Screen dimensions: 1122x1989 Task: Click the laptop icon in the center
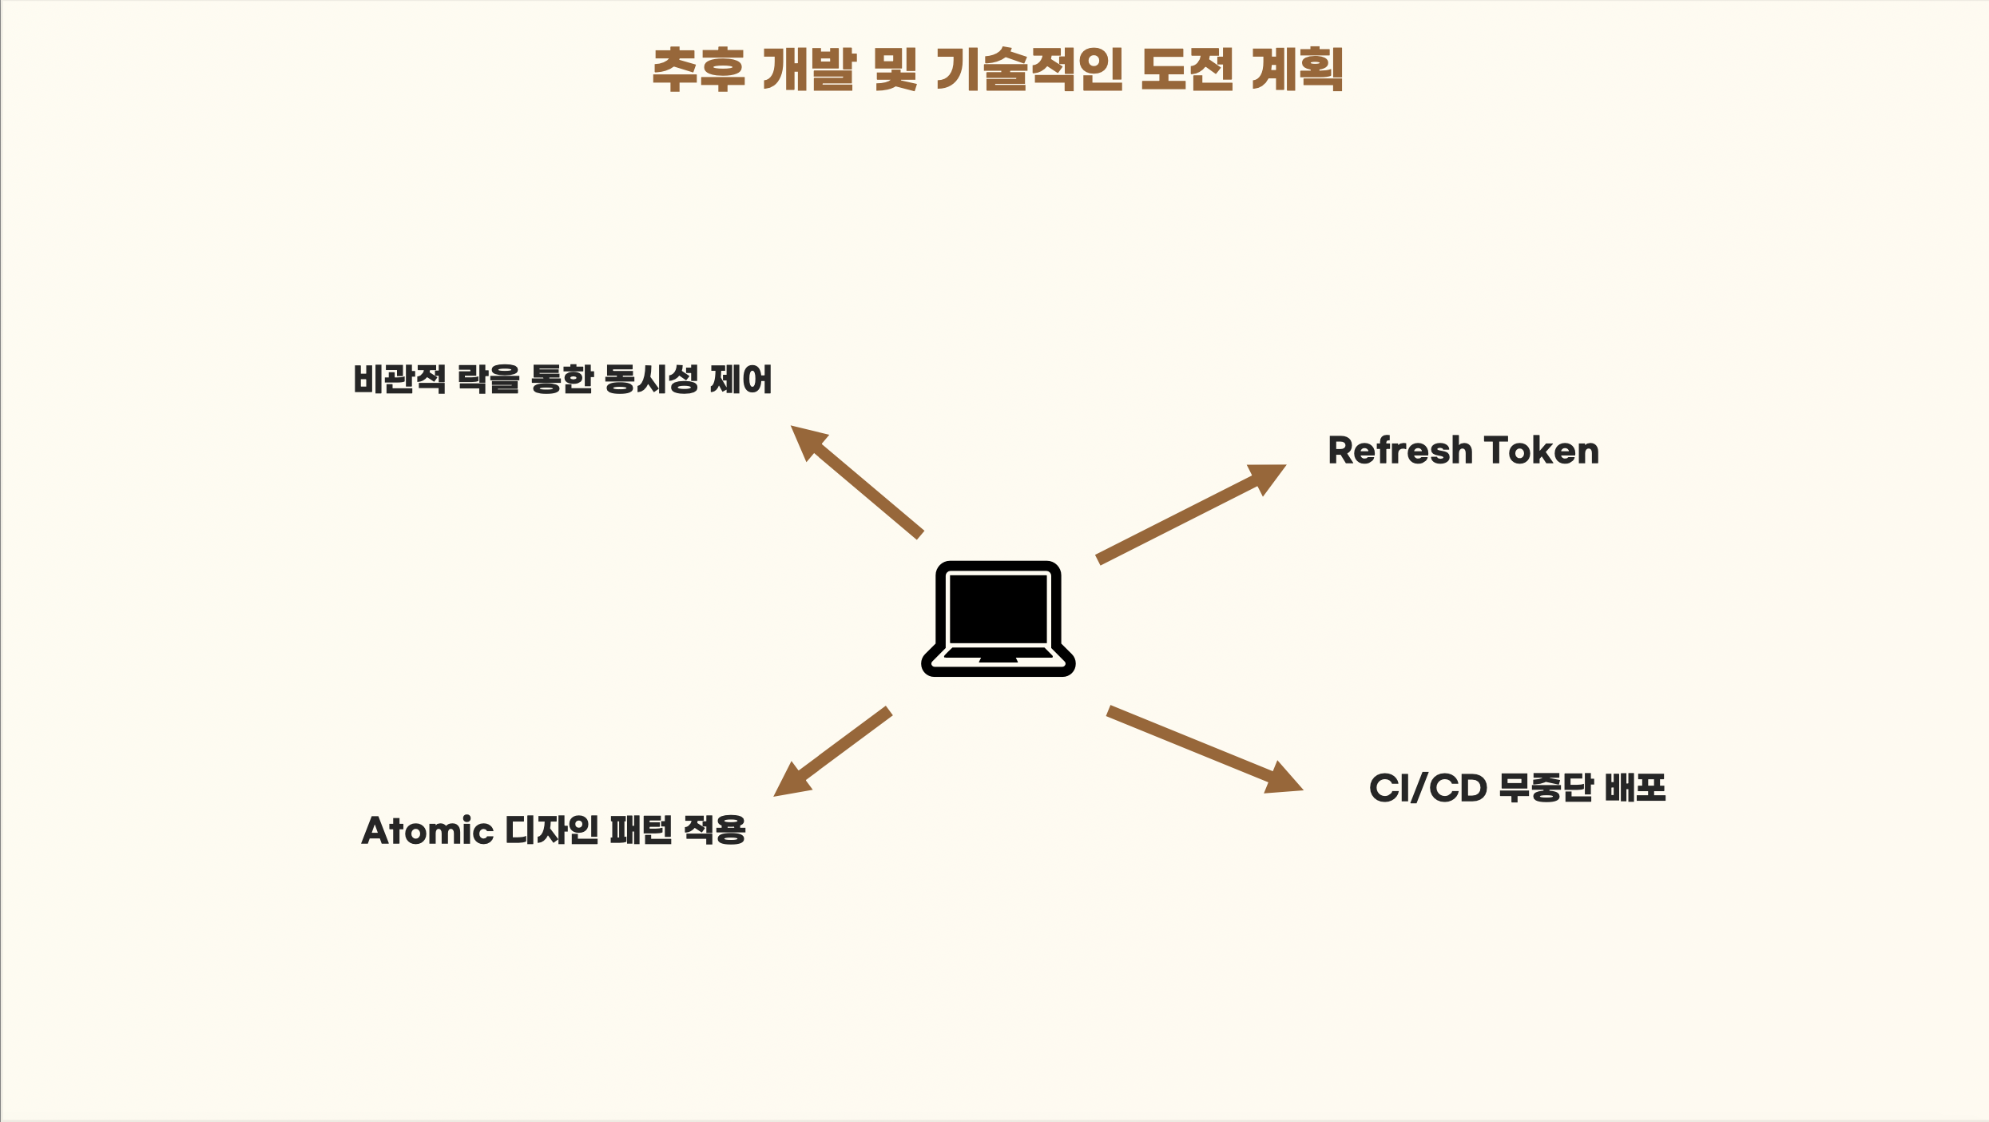pos(998,619)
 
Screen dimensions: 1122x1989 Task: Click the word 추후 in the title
pos(698,70)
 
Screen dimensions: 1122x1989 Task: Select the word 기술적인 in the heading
pos(1029,70)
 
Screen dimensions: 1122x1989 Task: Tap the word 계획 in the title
pos(1297,70)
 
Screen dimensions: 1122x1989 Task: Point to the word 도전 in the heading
pos(1186,70)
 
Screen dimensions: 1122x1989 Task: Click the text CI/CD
pos(1427,788)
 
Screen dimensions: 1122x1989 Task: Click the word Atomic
pos(427,830)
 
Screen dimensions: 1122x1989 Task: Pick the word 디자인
pos(552,830)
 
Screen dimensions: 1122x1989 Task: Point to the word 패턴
pos(641,830)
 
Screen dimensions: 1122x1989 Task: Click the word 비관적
pos(399,379)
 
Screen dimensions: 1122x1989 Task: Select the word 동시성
pos(651,379)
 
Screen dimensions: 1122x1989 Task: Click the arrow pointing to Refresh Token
pos(1190,513)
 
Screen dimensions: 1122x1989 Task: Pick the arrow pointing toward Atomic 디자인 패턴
pos(832,751)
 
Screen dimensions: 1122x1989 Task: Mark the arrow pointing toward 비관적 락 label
pos(856,480)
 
